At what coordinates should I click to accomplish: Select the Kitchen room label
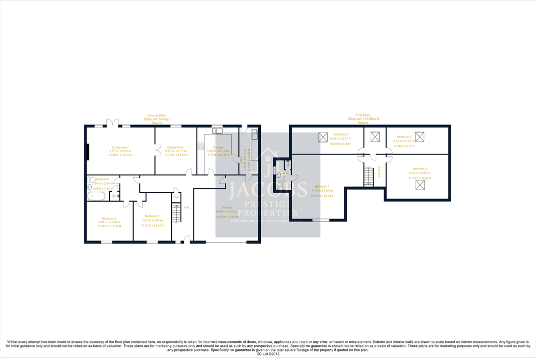tap(217, 147)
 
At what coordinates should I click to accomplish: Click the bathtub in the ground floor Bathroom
tap(95, 195)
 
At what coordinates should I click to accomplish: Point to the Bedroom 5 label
tap(109, 218)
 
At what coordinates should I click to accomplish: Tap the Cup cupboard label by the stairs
tap(176, 197)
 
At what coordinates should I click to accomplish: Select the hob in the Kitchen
tap(201, 146)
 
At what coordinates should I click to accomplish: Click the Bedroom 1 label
tap(321, 186)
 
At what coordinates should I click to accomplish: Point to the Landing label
tap(379, 171)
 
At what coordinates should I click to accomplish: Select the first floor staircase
tap(368, 176)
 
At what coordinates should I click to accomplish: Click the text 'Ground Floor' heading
tap(157, 115)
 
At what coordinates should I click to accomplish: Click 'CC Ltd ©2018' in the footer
tap(268, 354)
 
